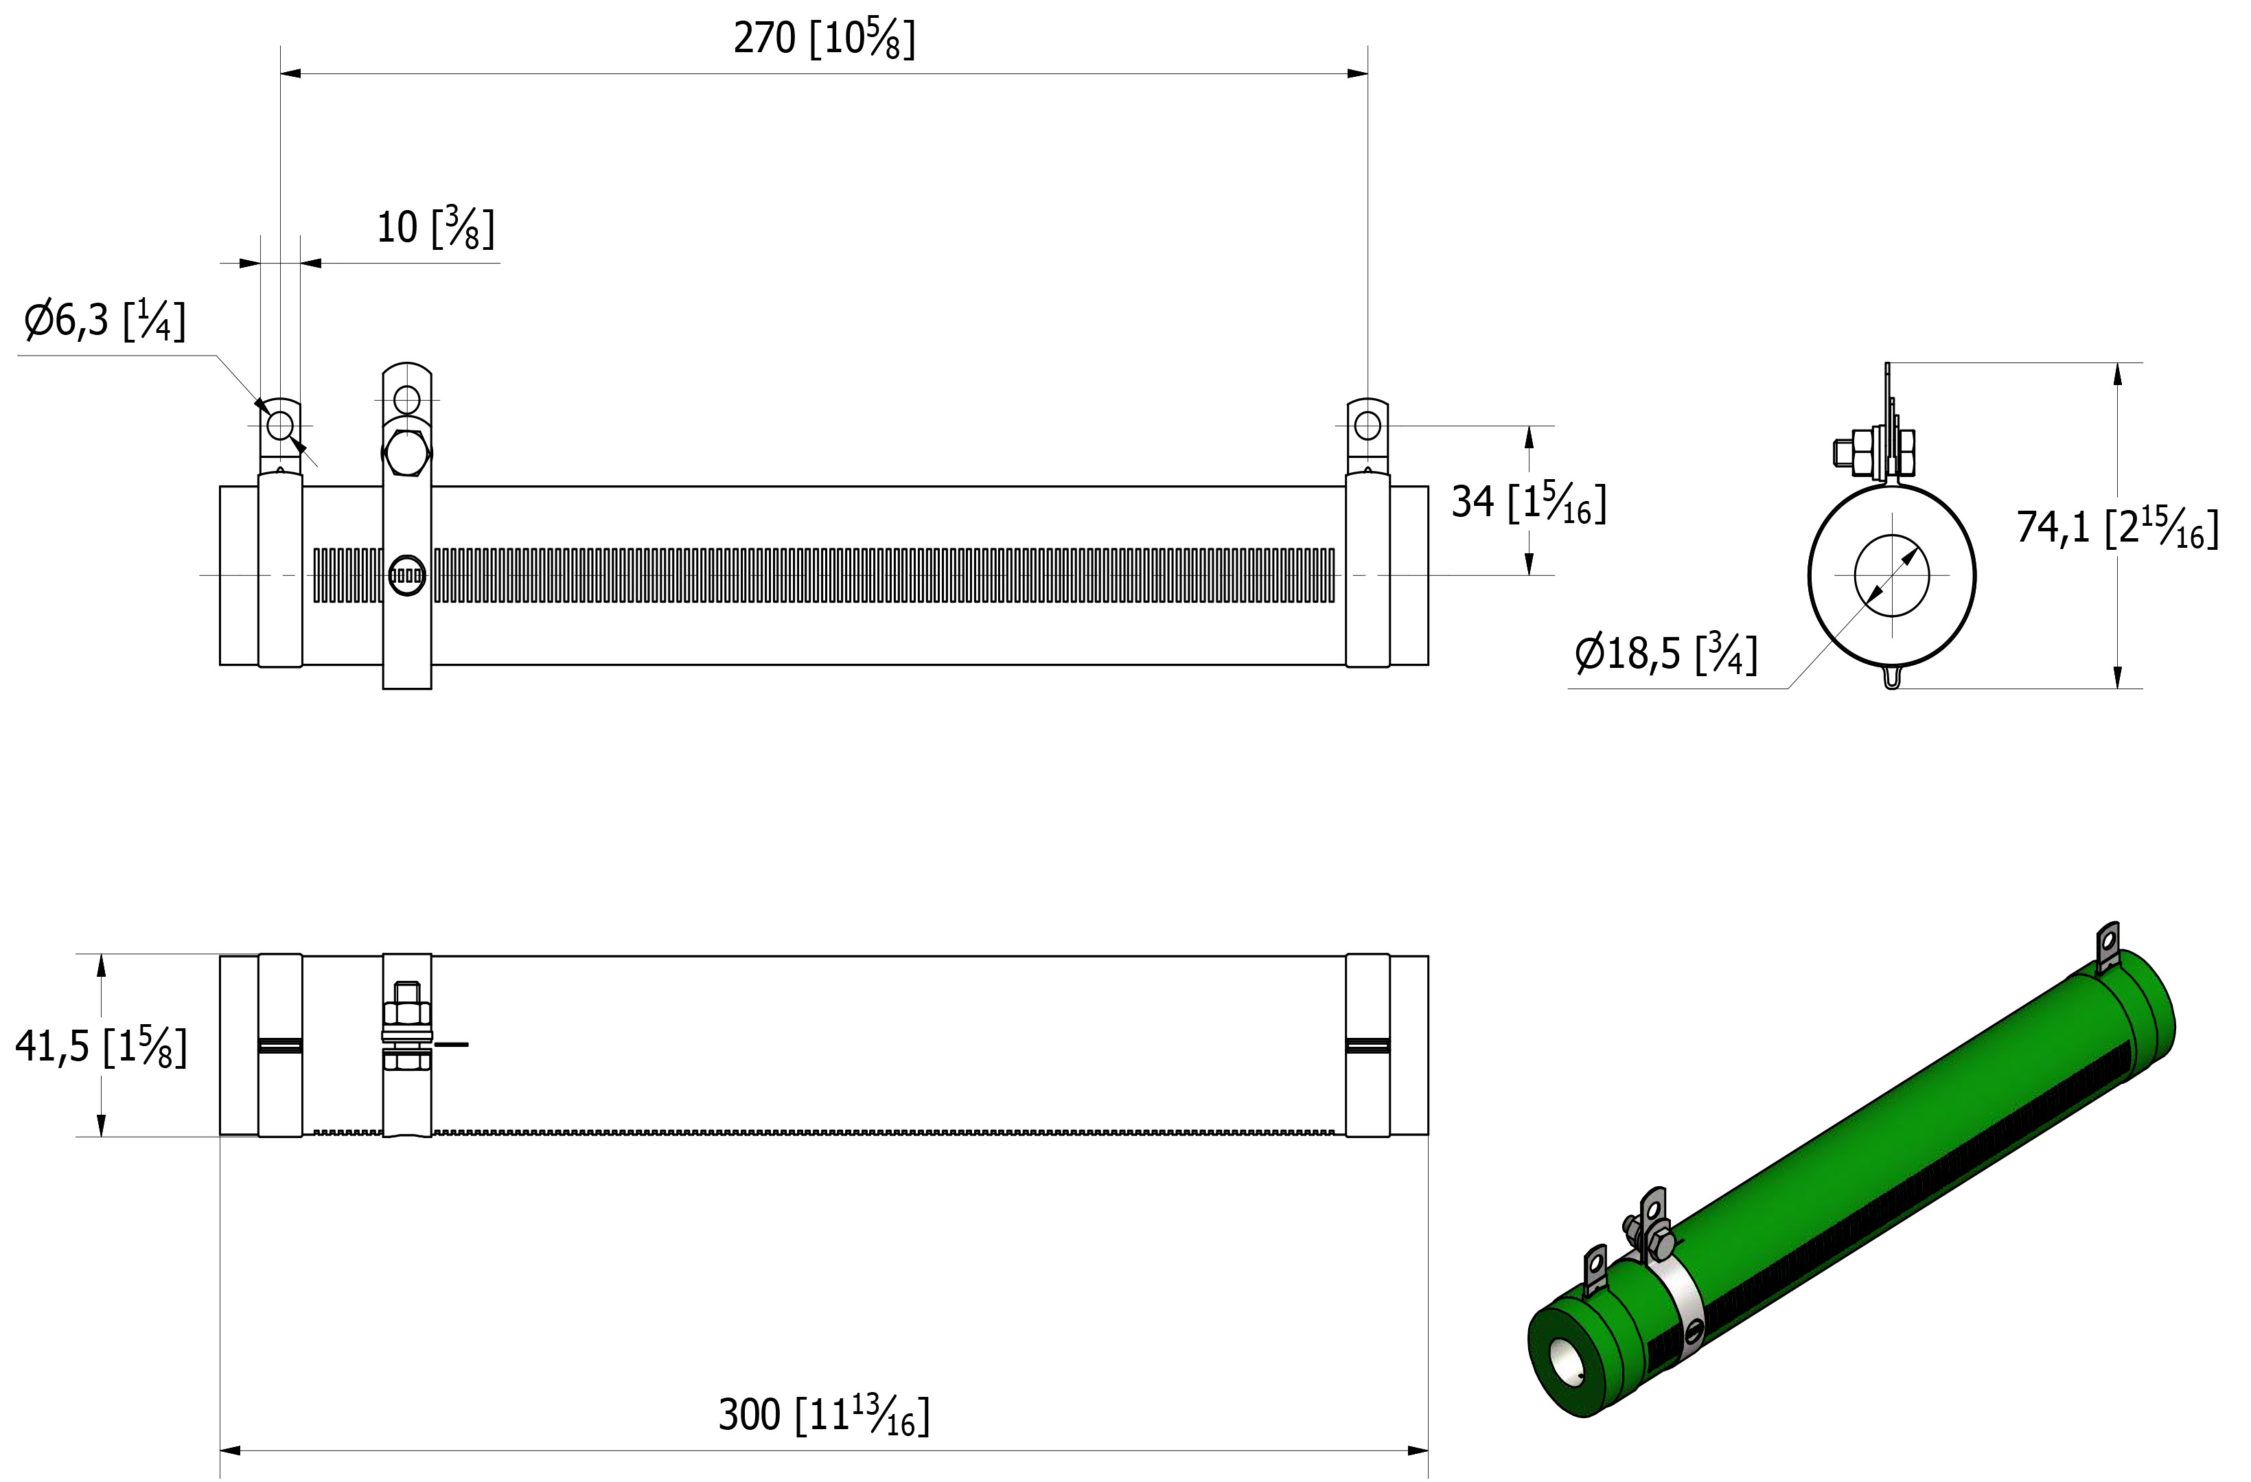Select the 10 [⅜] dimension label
435,228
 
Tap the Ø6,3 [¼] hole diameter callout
104,321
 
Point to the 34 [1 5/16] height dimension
1528,502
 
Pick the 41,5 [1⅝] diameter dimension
101,1047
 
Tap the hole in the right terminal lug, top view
1367,426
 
